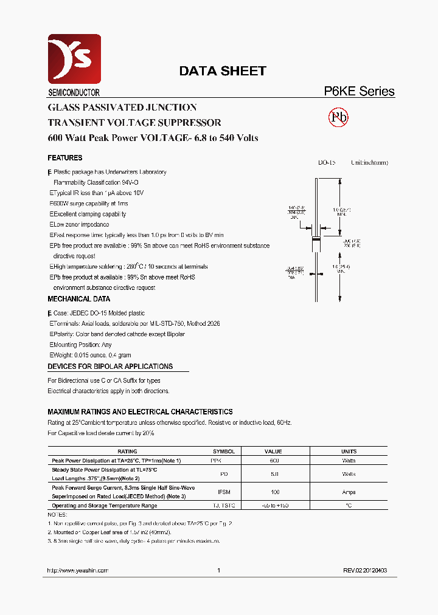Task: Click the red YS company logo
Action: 74,59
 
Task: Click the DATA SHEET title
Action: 222,71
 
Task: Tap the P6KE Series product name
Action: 358,92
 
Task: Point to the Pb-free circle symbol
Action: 338,117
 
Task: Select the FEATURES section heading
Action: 65,158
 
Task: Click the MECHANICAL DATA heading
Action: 79,299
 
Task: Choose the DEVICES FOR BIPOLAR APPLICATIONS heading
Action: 110,366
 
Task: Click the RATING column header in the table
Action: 127,452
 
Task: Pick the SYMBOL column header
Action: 223,452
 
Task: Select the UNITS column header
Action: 349,452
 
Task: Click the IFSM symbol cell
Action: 223,492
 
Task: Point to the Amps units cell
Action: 349,492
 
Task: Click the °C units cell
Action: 349,506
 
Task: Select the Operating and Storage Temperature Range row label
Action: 105,506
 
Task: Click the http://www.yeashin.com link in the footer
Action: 78,571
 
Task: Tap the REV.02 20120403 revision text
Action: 364,571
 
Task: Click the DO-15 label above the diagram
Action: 327,163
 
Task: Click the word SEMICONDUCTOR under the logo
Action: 74,93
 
